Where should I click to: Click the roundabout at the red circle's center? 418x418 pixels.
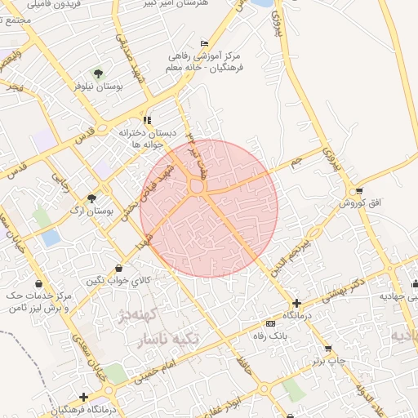pos(196,187)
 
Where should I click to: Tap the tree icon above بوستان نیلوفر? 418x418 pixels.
pos(98,73)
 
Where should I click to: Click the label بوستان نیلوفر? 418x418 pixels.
pos(97,85)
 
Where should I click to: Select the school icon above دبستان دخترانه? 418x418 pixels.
pos(147,119)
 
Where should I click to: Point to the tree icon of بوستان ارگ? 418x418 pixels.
pos(91,198)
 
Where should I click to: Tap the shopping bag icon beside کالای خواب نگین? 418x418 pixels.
pos(120,267)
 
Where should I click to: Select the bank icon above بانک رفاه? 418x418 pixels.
pos(270,324)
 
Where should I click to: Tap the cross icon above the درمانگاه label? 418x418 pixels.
pos(296,303)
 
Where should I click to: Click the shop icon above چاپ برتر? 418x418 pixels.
pos(328,348)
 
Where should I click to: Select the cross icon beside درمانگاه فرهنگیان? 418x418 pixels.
pos(83,397)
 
